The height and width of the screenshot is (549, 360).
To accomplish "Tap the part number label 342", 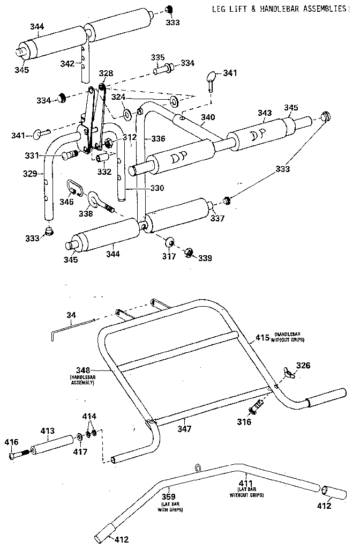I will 67,63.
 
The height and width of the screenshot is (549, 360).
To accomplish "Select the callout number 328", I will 106,72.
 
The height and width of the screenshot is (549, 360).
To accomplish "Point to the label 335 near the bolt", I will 157,57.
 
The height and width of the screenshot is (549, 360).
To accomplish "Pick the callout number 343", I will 265,113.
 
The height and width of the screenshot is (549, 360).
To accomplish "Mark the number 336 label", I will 157,138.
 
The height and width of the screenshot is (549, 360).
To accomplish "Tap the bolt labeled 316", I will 256,406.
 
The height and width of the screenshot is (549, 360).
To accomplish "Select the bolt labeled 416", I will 16,455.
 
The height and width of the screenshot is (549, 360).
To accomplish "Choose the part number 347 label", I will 185,429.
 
